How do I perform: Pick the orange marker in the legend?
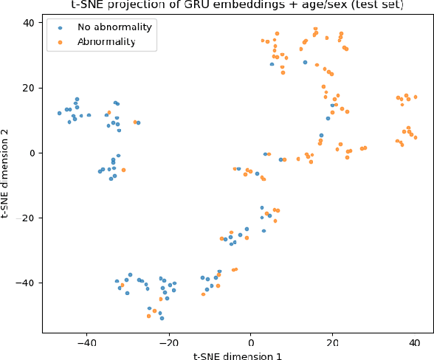click(x=60, y=43)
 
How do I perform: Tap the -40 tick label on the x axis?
click(x=87, y=342)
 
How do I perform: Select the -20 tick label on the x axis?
click(x=168, y=342)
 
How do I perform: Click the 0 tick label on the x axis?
click(x=251, y=342)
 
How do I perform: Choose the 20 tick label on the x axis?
click(x=332, y=342)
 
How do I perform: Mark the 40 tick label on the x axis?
click(x=414, y=342)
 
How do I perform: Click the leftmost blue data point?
click(x=60, y=113)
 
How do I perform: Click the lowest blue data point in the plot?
click(x=162, y=318)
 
